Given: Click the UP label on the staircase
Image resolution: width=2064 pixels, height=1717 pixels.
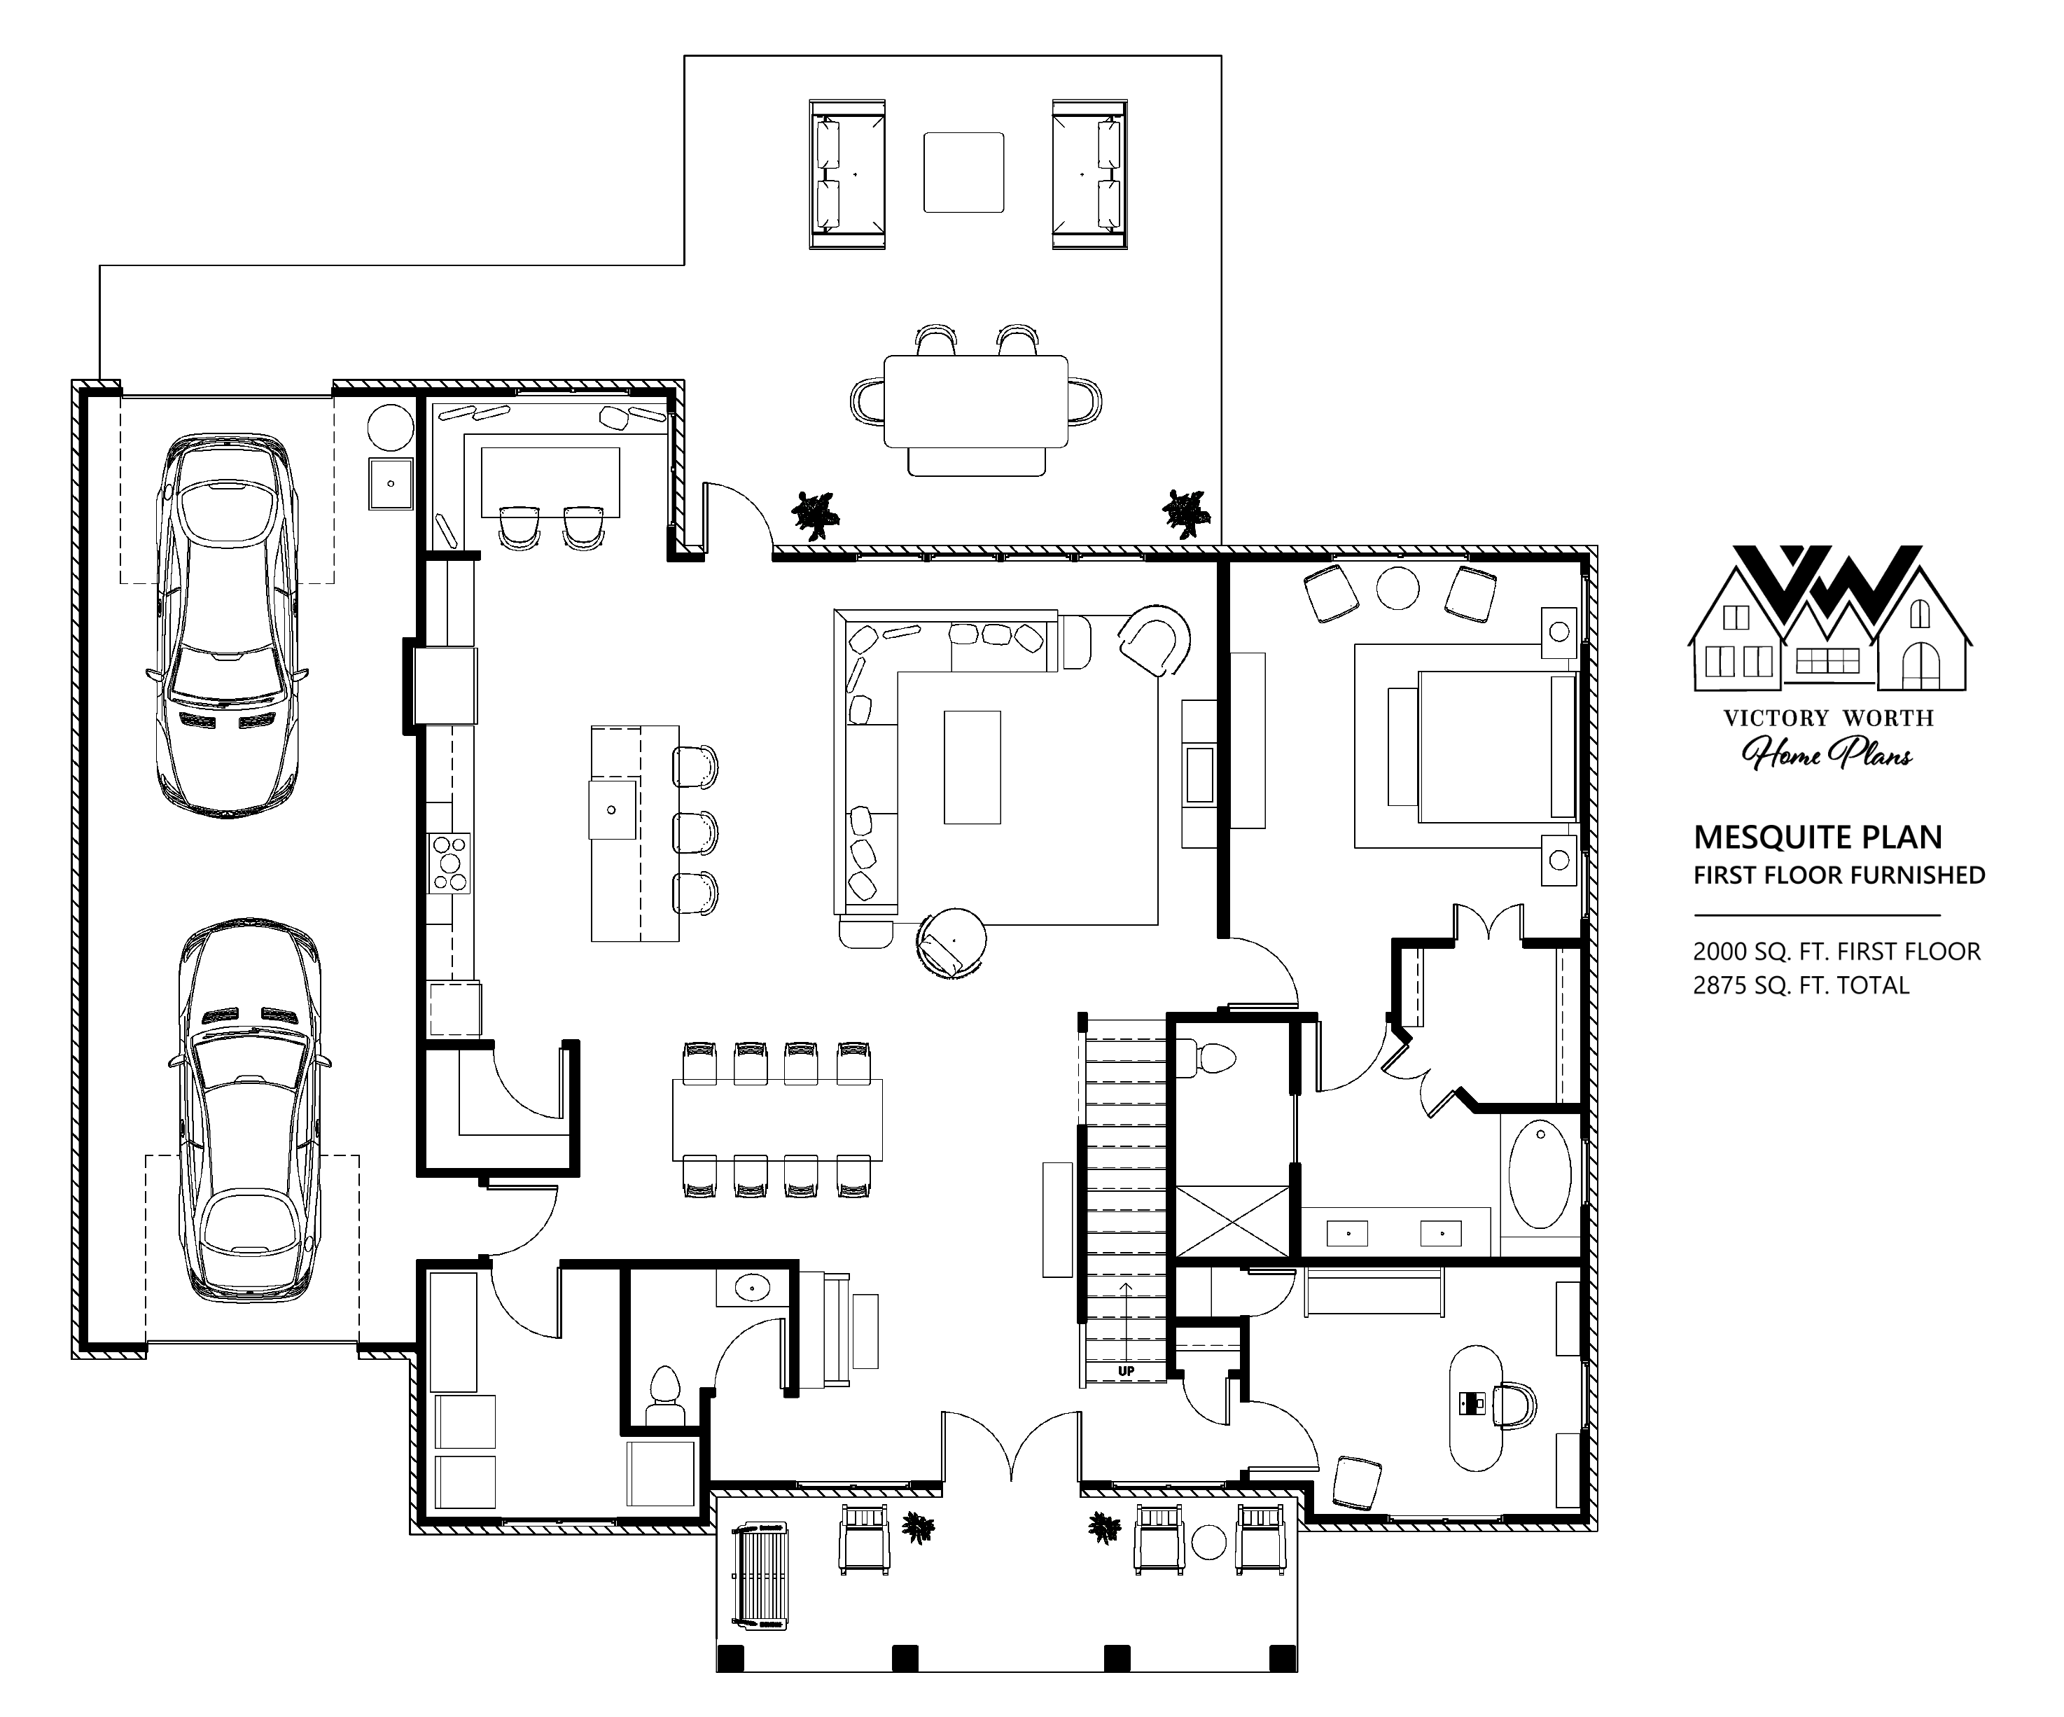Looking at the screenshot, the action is [1125, 1370].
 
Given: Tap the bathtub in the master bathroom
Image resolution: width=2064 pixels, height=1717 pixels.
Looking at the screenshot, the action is [1539, 1174].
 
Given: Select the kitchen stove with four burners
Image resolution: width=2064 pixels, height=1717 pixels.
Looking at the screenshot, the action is [450, 863].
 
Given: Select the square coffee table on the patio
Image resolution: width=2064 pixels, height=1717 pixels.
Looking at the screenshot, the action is [963, 173].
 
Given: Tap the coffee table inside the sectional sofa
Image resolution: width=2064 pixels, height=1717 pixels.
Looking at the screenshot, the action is [972, 767].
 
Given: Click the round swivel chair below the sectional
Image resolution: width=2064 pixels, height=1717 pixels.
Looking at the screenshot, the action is [951, 942].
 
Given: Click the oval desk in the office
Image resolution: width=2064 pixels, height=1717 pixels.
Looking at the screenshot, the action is [1477, 1407].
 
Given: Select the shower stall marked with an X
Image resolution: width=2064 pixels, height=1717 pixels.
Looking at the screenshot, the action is [1232, 1222].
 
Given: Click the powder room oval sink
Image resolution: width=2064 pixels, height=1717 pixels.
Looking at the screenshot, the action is [753, 1286].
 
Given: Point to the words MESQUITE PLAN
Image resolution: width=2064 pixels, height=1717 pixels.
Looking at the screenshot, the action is [1818, 837].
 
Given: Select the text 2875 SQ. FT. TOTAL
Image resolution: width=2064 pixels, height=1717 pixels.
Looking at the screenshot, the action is [1801, 986].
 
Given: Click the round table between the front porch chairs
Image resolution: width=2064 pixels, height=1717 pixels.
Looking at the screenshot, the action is [1209, 1541].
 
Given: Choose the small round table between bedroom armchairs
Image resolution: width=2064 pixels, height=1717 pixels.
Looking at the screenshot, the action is [1397, 588].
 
